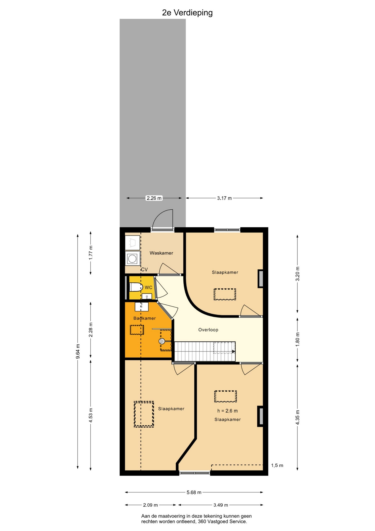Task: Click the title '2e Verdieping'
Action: click(x=187, y=13)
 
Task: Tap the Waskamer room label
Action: click(x=161, y=253)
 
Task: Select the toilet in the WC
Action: click(x=136, y=287)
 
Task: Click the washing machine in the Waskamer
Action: click(x=133, y=259)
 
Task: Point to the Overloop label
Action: click(x=208, y=330)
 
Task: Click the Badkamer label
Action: click(x=144, y=318)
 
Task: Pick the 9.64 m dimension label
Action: click(x=78, y=351)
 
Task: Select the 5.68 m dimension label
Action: click(x=194, y=492)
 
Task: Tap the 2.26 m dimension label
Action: click(x=154, y=198)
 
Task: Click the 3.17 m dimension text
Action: click(x=224, y=198)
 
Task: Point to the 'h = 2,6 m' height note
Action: click(x=227, y=411)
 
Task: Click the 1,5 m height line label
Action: click(x=277, y=465)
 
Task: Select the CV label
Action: click(x=144, y=269)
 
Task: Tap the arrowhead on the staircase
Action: click(x=234, y=352)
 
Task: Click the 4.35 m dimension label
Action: click(x=297, y=417)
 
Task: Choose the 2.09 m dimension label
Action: click(x=150, y=505)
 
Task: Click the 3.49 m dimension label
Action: click(x=221, y=505)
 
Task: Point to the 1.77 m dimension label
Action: click(x=91, y=253)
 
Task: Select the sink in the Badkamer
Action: click(x=141, y=306)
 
